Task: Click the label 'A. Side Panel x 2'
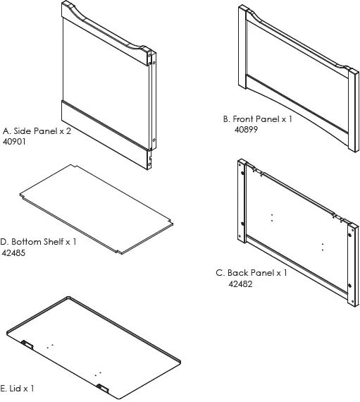click(37, 131)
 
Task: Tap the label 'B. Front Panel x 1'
click(257, 120)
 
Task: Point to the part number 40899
click(249, 130)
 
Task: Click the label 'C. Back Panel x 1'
click(252, 273)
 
